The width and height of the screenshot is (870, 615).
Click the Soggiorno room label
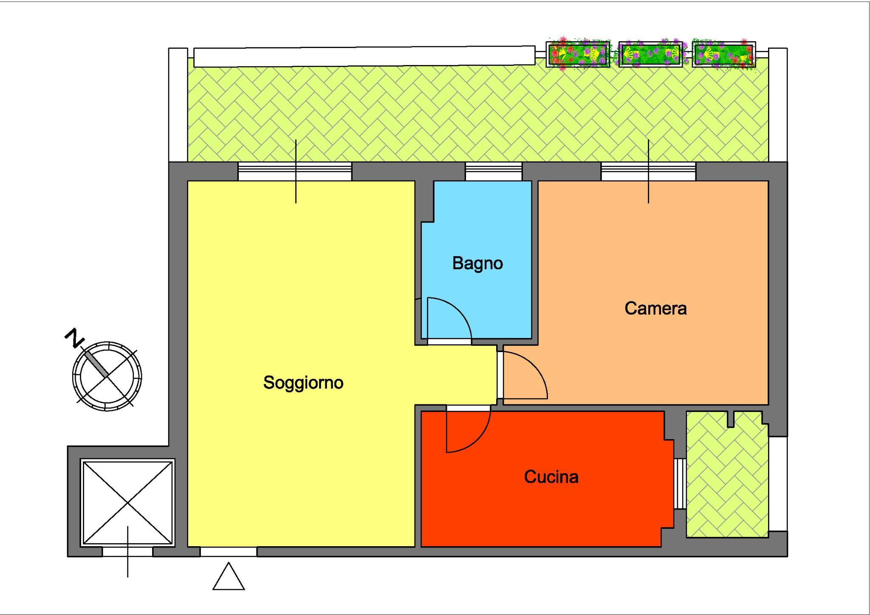pos(303,383)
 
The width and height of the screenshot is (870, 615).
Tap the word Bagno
pos(477,264)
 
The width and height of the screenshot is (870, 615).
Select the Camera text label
pos(655,308)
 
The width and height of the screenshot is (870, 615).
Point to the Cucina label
pos(551,477)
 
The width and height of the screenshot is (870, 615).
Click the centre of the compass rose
pos(107,376)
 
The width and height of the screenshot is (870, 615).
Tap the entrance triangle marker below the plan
pos(229,576)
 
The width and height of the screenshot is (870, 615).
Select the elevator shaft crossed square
pos(128,503)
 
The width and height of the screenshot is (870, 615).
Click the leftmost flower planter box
pos(578,55)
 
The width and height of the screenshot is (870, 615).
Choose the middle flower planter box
pos(651,55)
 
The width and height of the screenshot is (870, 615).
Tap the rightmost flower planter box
pos(724,55)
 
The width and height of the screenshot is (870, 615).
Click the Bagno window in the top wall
pos(494,172)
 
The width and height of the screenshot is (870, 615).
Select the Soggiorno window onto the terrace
pos(295,172)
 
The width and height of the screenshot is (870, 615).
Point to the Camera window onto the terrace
pos(648,172)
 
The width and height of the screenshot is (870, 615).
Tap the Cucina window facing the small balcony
pos(680,483)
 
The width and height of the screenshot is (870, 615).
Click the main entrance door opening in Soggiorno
pos(229,552)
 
